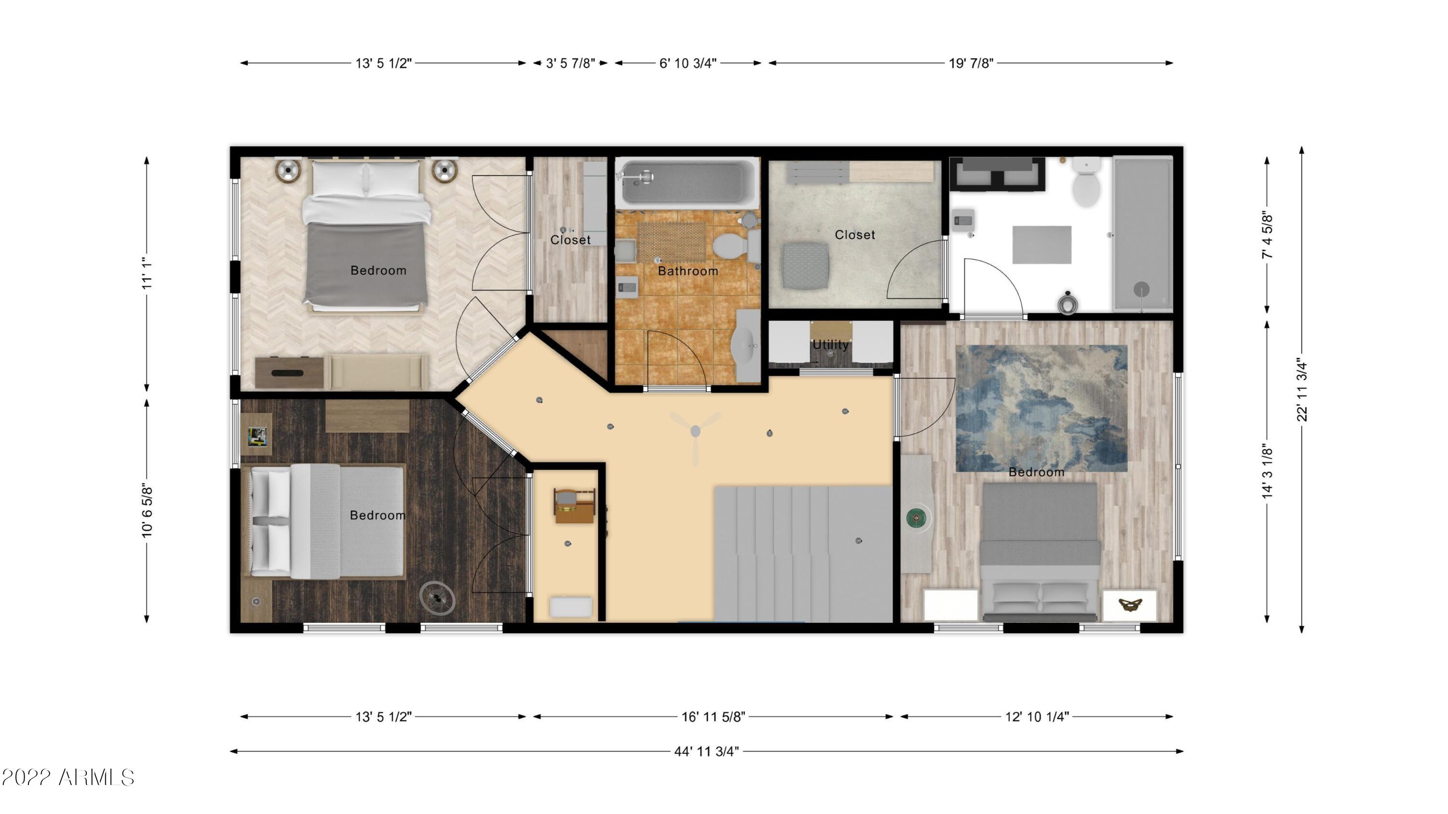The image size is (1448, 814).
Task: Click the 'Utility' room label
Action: (x=830, y=345)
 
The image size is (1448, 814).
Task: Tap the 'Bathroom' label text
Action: (x=688, y=271)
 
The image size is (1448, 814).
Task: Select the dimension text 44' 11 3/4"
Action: (x=707, y=752)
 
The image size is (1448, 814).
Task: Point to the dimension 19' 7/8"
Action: (x=971, y=63)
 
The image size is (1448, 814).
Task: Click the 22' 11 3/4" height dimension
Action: (x=1302, y=389)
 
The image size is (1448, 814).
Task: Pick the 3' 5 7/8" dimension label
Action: (x=571, y=63)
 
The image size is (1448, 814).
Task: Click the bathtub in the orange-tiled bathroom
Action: (x=687, y=182)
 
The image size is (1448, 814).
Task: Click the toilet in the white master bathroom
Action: (x=1086, y=182)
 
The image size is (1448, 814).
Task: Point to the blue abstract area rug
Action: (x=1041, y=408)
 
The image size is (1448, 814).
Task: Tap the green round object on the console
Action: (x=916, y=517)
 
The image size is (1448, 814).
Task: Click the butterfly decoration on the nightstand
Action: (x=1130, y=605)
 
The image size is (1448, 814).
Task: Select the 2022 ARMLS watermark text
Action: (x=68, y=778)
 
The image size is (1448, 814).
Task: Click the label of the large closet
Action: (x=855, y=235)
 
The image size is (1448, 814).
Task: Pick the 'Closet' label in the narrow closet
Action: (x=571, y=240)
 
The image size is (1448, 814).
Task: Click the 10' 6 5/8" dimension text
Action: (x=147, y=510)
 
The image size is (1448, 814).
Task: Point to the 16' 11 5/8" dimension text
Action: (x=713, y=717)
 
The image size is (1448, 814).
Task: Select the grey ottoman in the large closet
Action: (x=806, y=266)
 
